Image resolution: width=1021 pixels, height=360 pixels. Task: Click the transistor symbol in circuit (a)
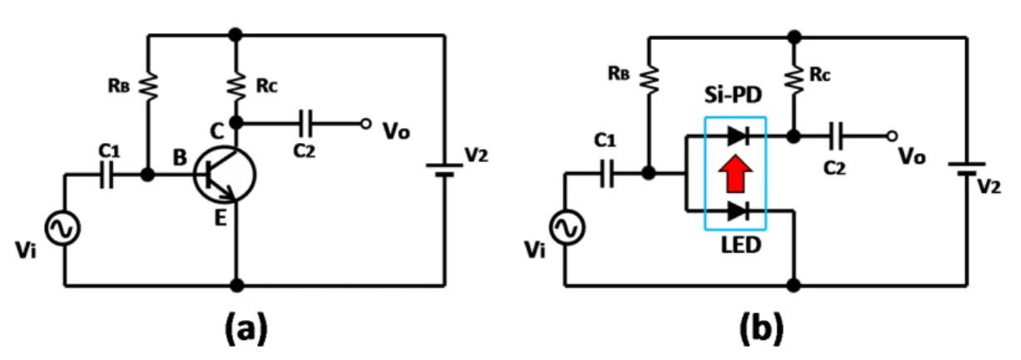pos(224,175)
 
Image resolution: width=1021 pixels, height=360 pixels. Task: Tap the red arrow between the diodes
pos(735,173)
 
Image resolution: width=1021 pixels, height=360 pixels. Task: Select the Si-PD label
pos(733,95)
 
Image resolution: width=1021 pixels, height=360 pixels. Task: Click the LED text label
pos(741,245)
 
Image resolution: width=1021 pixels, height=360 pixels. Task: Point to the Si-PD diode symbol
pos(739,136)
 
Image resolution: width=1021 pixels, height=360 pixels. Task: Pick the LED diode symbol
pos(739,211)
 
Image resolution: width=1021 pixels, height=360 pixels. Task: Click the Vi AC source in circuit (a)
pos(62,229)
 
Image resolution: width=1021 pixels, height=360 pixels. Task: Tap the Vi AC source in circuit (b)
pos(566,228)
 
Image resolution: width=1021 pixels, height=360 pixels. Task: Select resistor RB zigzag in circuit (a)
pos(148,86)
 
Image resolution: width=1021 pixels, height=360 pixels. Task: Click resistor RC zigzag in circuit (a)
pos(236,86)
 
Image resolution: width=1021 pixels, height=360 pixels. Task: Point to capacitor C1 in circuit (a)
pos(106,175)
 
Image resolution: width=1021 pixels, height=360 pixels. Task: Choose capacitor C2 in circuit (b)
pos(836,136)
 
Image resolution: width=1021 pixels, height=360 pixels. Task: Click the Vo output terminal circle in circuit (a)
pos(366,124)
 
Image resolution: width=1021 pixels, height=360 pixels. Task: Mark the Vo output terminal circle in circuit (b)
pos(892,136)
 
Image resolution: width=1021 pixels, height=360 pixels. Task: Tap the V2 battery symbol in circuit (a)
pos(445,169)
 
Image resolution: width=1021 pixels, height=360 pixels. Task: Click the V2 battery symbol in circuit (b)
pos(966,168)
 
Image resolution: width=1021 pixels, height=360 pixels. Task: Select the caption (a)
pos(246,329)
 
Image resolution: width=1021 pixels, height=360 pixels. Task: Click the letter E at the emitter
pos(220,219)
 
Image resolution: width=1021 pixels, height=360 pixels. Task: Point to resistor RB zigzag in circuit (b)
pos(649,80)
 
